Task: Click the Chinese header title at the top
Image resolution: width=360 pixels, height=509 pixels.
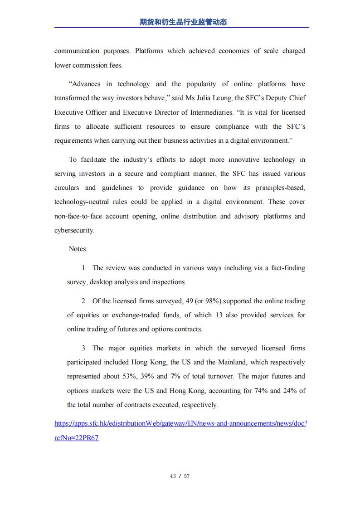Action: tap(183, 22)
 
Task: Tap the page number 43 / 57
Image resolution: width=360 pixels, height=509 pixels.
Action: tap(180, 476)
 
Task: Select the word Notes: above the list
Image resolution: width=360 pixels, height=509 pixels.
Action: tap(78, 249)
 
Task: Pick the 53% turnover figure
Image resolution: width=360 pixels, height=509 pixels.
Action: tap(125, 376)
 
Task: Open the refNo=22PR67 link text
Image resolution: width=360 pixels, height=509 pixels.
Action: tap(76, 438)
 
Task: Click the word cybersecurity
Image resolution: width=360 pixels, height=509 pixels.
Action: tap(74, 230)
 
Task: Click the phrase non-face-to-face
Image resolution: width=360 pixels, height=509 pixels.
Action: tap(77, 216)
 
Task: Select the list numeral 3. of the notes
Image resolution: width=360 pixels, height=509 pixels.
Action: tap(84, 348)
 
